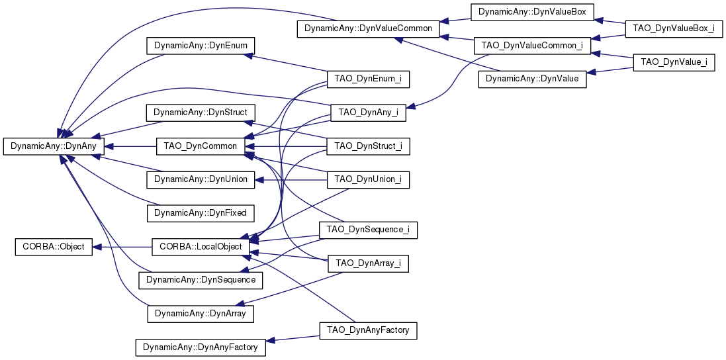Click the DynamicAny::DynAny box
pyautogui.click(x=53, y=146)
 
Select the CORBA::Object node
pyautogui.click(x=54, y=247)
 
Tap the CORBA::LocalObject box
pyautogui.click(x=201, y=247)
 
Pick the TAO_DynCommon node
pyautogui.click(x=201, y=146)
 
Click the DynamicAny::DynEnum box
pyautogui.click(x=201, y=46)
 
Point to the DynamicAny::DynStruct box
pyautogui.click(x=201, y=112)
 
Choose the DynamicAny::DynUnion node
pyautogui.click(x=201, y=179)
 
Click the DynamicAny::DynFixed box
pyautogui.click(x=201, y=213)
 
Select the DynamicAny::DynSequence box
pyautogui.click(x=201, y=280)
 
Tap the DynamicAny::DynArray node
pyautogui.click(x=201, y=314)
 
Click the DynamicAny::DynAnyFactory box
pyautogui.click(x=201, y=347)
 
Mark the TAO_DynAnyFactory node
pyautogui.click(x=368, y=330)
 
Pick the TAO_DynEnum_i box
pyautogui.click(x=368, y=79)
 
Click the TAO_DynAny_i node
pyautogui.click(x=368, y=112)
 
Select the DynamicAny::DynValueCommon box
pyautogui.click(x=368, y=28)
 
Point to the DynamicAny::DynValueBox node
pyautogui.click(x=532, y=11)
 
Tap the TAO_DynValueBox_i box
pyautogui.click(x=674, y=28)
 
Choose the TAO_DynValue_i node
pyautogui.click(x=674, y=62)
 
